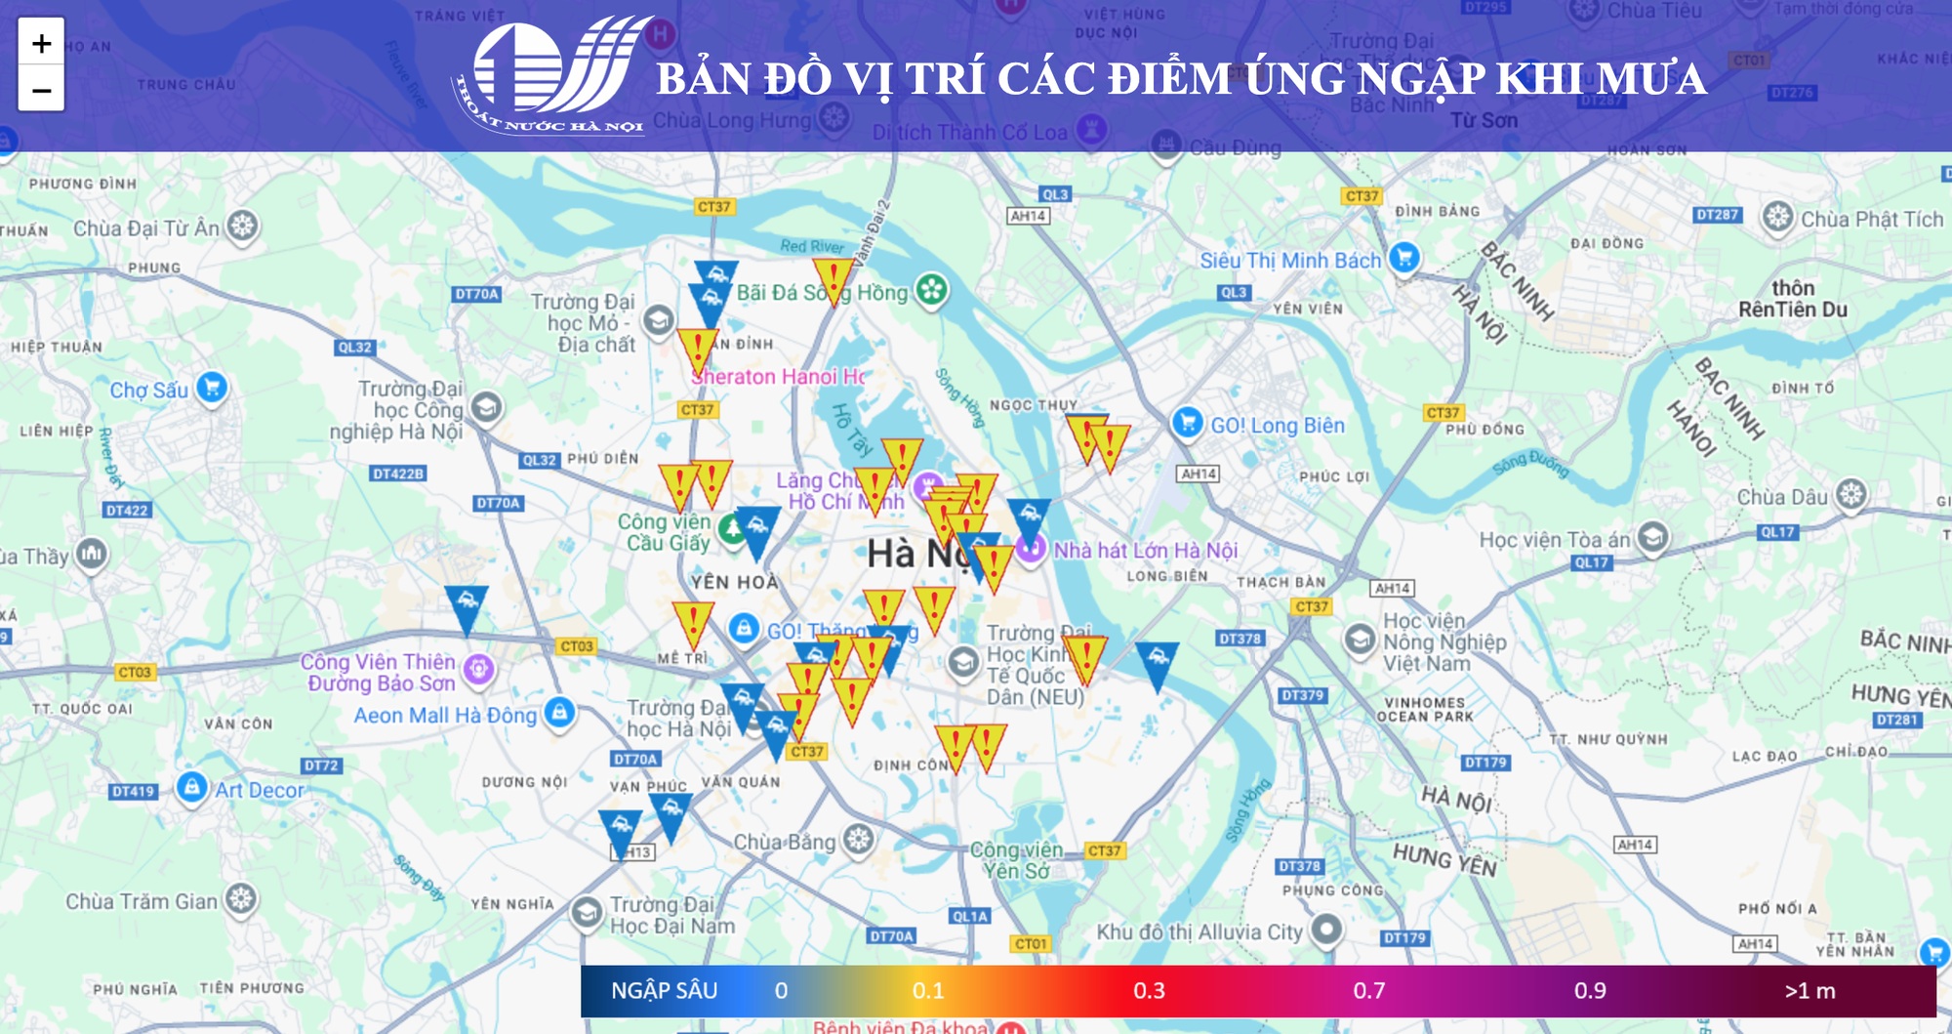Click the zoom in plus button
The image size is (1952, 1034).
point(41,43)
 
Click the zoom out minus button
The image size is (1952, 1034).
point(41,90)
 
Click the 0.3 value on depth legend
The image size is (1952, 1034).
point(1149,991)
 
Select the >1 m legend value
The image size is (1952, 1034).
point(1810,991)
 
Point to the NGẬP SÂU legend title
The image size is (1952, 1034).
point(664,991)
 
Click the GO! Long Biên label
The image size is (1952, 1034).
point(1277,426)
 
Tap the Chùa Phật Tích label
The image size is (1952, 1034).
point(1872,220)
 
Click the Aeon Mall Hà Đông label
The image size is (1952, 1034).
point(445,716)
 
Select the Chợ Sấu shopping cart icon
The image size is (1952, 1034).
point(212,388)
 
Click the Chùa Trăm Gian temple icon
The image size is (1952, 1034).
point(241,898)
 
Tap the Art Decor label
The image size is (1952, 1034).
point(260,790)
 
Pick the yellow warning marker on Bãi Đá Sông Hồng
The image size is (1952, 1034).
point(833,279)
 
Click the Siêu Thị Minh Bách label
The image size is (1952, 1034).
point(1289,261)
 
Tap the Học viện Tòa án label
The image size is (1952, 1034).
point(1554,540)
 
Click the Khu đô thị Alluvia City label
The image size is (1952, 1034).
point(1200,931)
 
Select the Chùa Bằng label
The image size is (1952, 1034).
point(784,842)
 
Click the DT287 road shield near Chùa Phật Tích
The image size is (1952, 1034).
point(1717,215)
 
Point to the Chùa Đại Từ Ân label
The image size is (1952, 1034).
point(146,228)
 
